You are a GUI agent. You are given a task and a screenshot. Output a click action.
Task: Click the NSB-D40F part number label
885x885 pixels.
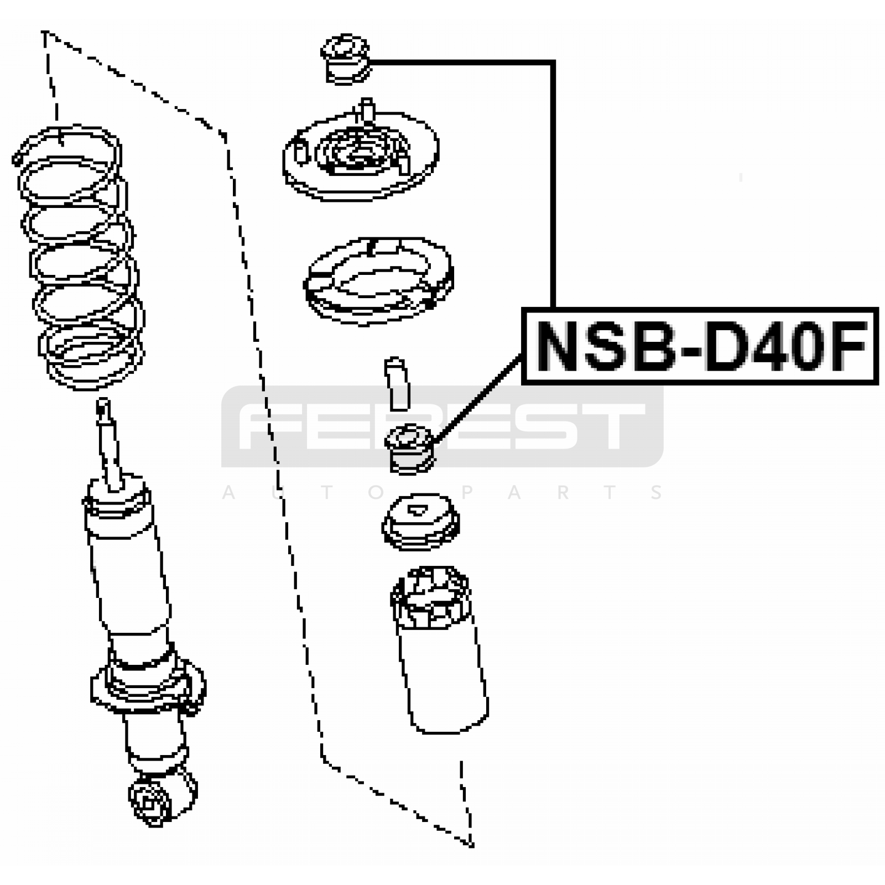click(x=700, y=346)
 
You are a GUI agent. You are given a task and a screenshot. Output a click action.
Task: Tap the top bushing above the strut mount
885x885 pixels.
click(x=346, y=59)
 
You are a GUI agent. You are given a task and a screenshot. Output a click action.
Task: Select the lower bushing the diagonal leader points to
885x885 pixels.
click(x=410, y=449)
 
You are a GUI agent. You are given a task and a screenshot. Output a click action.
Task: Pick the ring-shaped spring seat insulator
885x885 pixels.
click(x=378, y=281)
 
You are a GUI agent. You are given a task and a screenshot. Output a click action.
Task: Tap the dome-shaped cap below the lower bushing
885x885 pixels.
click(x=420, y=522)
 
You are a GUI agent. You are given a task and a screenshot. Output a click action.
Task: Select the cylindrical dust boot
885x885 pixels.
click(x=440, y=649)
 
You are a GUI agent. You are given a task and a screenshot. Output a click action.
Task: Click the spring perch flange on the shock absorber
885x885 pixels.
click(x=148, y=689)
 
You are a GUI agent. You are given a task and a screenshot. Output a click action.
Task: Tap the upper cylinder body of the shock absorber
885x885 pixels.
click(x=127, y=559)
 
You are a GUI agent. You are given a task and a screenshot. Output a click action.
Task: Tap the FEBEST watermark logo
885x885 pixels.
click(x=442, y=426)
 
